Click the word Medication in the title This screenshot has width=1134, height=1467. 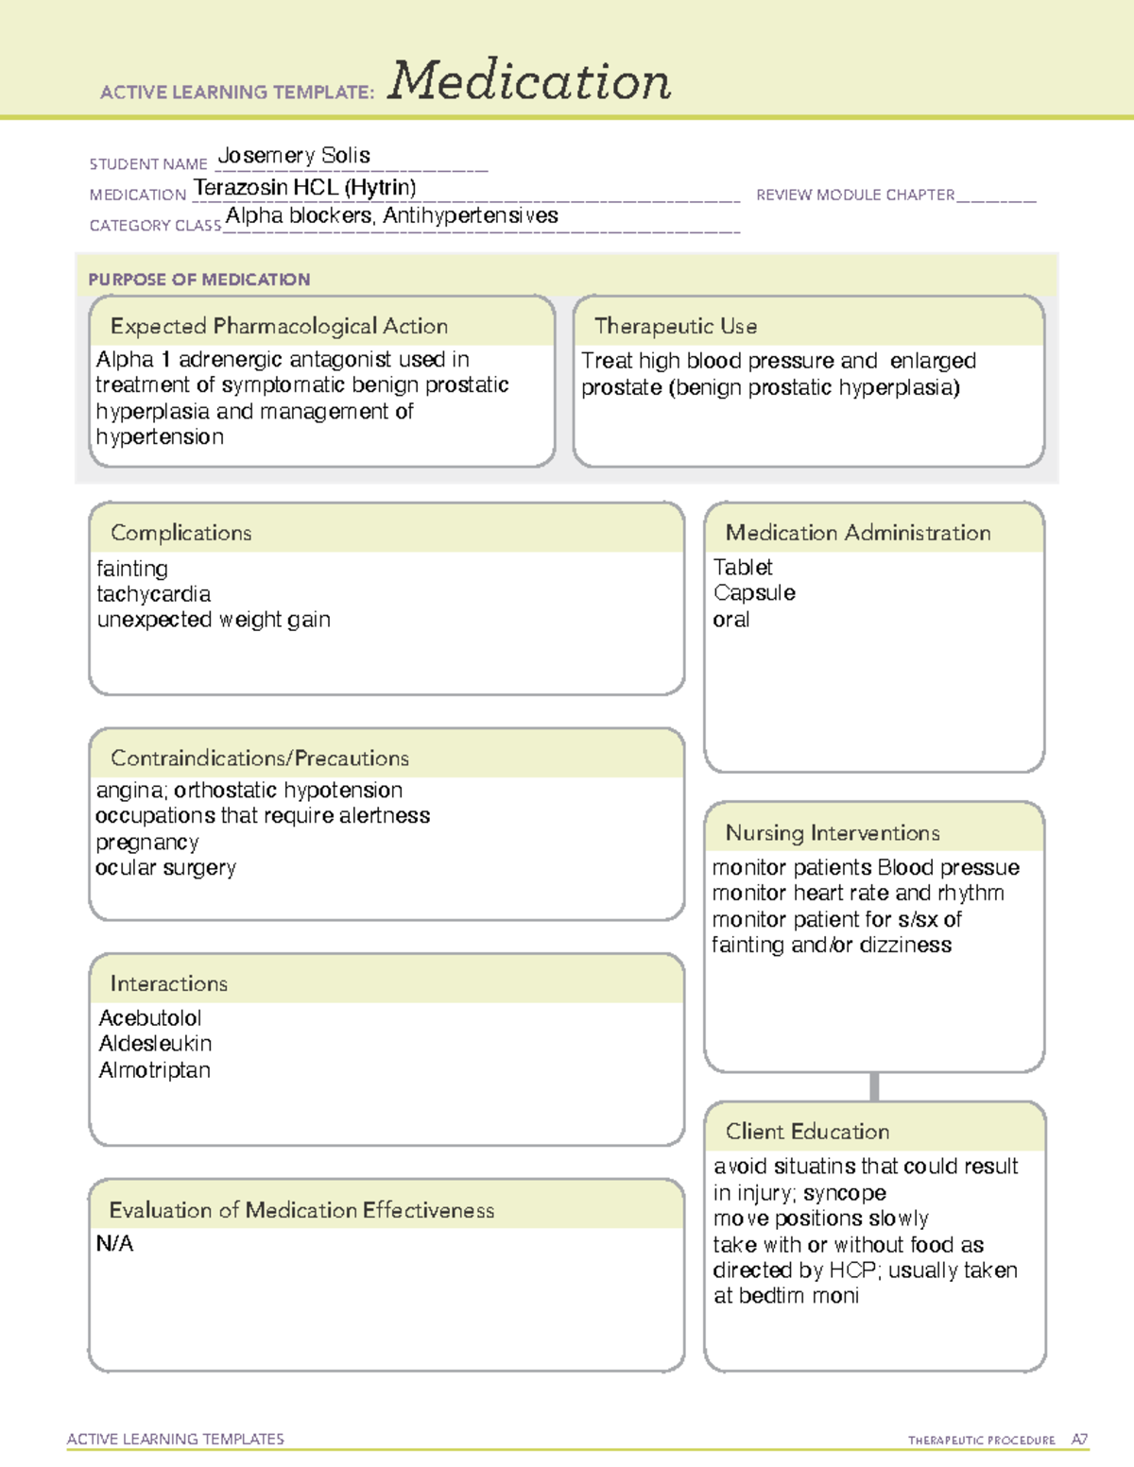pyautogui.click(x=529, y=81)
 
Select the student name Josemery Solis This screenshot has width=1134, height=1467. pyautogui.click(x=294, y=156)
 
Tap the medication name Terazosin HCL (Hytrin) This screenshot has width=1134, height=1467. pyautogui.click(x=304, y=188)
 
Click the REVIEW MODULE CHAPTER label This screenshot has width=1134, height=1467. pyautogui.click(x=855, y=196)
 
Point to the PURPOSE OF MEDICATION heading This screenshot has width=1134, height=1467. pyautogui.click(x=199, y=280)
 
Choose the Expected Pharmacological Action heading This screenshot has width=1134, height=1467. pyautogui.click(x=279, y=327)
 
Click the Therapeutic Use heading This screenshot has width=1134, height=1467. pyautogui.click(x=676, y=327)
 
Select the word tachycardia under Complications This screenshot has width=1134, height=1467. pyautogui.click(x=154, y=595)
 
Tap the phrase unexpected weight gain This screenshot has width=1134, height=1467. pyautogui.click(x=214, y=621)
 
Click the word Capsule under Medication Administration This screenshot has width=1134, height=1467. pyautogui.click(x=754, y=593)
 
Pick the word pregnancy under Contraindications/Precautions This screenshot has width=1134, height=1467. pyautogui.click(x=147, y=843)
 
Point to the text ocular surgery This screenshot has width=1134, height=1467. pyautogui.click(x=166, y=868)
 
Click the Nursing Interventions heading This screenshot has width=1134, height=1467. pyautogui.click(x=833, y=833)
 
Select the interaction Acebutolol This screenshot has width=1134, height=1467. pyautogui.click(x=150, y=1018)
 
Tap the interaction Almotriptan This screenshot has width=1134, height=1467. pyautogui.click(x=155, y=1071)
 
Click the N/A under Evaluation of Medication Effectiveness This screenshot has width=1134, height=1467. pyautogui.click(x=115, y=1244)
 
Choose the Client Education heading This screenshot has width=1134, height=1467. pyautogui.click(x=807, y=1132)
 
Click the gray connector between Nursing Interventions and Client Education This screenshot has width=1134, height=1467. pyautogui.click(x=874, y=1087)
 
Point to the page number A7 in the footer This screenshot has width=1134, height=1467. pyautogui.click(x=1079, y=1440)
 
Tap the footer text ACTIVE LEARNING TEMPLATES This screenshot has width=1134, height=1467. pyautogui.click(x=176, y=1440)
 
